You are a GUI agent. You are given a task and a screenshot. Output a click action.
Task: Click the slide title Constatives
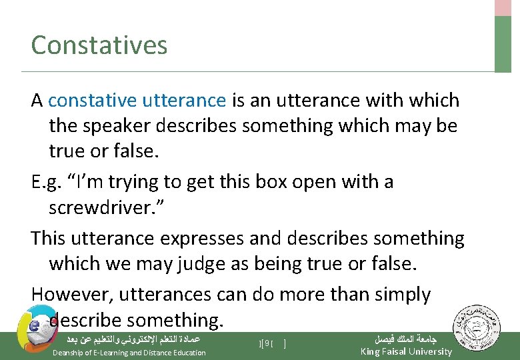99,45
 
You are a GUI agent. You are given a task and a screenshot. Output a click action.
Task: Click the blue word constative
89,101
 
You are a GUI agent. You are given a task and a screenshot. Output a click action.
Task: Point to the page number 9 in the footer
265,343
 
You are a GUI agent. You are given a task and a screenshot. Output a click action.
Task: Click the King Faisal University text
405,351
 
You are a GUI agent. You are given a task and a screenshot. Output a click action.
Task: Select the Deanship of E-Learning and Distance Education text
129,353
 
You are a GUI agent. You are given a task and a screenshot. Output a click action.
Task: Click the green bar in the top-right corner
503,43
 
